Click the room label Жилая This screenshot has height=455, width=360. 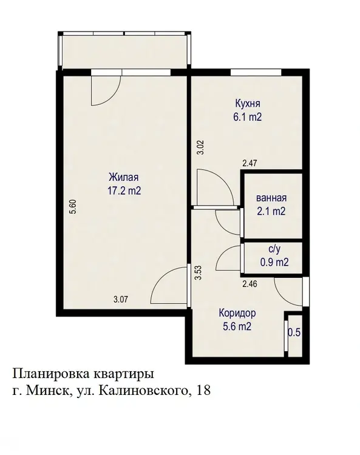[x=124, y=177]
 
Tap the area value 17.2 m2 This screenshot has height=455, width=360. [x=124, y=190]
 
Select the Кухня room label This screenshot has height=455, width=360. [x=248, y=103]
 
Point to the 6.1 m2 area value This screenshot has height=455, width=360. [x=247, y=117]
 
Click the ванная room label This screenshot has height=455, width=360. [x=271, y=198]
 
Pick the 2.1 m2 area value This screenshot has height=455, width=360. [x=271, y=211]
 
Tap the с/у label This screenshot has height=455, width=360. [x=274, y=249]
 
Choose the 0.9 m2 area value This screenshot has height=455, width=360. [x=274, y=262]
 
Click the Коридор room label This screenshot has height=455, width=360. [x=237, y=314]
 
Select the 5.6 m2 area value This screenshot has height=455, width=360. [x=237, y=327]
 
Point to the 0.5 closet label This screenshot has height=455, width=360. [x=294, y=332]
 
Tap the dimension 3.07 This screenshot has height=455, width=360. [x=120, y=299]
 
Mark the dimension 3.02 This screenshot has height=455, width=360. [x=201, y=147]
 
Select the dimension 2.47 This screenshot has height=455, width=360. [x=250, y=163]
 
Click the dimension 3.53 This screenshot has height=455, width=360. [x=199, y=273]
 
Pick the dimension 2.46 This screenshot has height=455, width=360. [x=250, y=283]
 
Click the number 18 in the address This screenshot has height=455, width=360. [x=203, y=391]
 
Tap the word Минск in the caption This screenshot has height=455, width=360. [x=47, y=391]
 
